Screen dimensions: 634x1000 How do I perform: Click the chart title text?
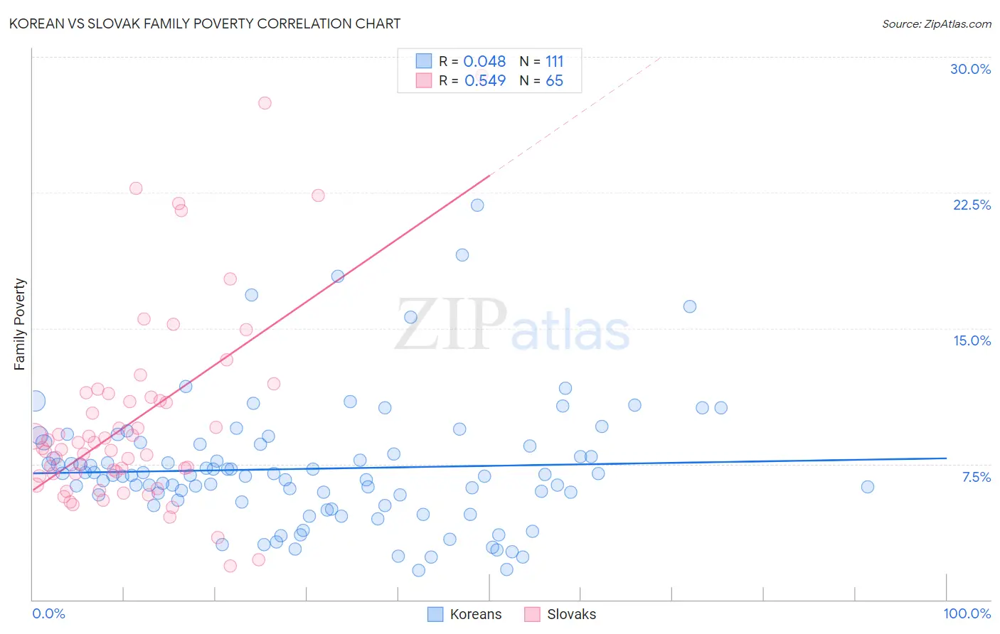pos(205,23)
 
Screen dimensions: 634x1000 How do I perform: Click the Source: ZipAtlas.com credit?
pos(936,23)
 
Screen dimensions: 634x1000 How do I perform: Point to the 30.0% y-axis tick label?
pos(970,69)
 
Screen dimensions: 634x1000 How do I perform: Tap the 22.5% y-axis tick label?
pos(972,205)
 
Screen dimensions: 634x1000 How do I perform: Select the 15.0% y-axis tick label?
pos(972,340)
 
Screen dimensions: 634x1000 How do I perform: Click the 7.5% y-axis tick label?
pos(976,477)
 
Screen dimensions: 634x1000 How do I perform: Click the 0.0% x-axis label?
pos(48,613)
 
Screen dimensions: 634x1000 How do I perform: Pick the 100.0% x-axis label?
pos(967,613)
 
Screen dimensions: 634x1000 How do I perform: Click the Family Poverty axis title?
pos(20,324)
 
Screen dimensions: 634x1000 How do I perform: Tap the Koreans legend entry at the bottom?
pos(475,614)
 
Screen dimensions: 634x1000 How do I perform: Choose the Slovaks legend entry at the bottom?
pos(571,614)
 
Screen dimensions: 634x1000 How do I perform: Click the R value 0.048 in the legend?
pos(484,62)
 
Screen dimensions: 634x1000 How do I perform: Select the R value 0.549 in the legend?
pos(484,81)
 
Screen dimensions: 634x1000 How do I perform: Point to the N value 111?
pos(554,62)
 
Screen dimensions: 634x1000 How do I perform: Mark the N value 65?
pos(554,81)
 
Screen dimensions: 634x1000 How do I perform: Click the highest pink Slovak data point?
pos(265,103)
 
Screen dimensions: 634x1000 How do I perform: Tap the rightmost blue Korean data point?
pos(867,487)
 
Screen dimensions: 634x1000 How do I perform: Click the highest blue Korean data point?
pos(477,205)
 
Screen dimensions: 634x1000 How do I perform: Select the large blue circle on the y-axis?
pos(35,401)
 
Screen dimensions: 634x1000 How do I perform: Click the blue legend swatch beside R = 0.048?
pos(424,61)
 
